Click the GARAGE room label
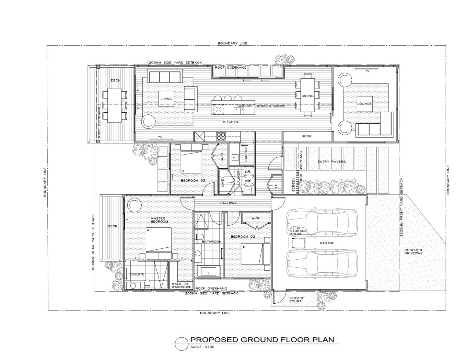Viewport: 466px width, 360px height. tap(327, 243)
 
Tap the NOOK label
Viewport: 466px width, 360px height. tap(306, 136)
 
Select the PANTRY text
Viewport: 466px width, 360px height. tap(246, 154)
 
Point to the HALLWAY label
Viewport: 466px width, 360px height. tap(228, 203)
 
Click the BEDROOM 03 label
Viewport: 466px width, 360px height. tap(193, 181)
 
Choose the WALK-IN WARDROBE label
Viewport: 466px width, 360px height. tap(182, 285)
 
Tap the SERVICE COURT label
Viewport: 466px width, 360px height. tap(296, 300)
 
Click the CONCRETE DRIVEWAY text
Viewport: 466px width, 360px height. tap(414, 251)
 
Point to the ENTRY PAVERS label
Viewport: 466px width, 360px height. tap(331, 162)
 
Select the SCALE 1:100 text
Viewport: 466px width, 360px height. tap(202, 347)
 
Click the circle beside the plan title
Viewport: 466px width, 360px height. tap(182, 344)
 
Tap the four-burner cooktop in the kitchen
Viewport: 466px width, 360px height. tap(221, 136)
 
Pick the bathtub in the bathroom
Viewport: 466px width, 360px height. tap(208, 272)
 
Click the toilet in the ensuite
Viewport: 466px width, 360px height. tap(147, 285)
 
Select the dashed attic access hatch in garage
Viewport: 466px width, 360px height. tap(296, 243)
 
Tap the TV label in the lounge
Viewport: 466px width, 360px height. tap(367, 71)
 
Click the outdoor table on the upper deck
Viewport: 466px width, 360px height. tap(115, 105)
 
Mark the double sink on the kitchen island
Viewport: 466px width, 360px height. tap(239, 111)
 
